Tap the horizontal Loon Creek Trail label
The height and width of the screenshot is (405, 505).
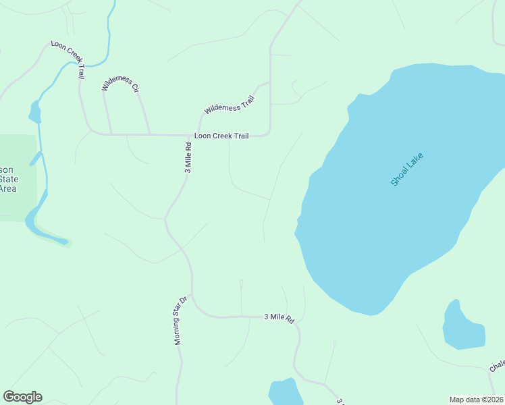[221, 136]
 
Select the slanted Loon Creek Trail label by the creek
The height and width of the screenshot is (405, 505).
[68, 60]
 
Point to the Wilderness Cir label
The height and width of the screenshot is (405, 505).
[120, 84]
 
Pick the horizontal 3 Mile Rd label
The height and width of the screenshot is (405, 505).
[280, 317]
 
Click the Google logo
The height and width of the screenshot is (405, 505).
[22, 397]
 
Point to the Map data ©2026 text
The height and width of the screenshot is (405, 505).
[475, 400]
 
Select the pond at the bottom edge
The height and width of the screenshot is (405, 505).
[285, 393]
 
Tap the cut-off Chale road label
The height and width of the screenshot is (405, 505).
[498, 365]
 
